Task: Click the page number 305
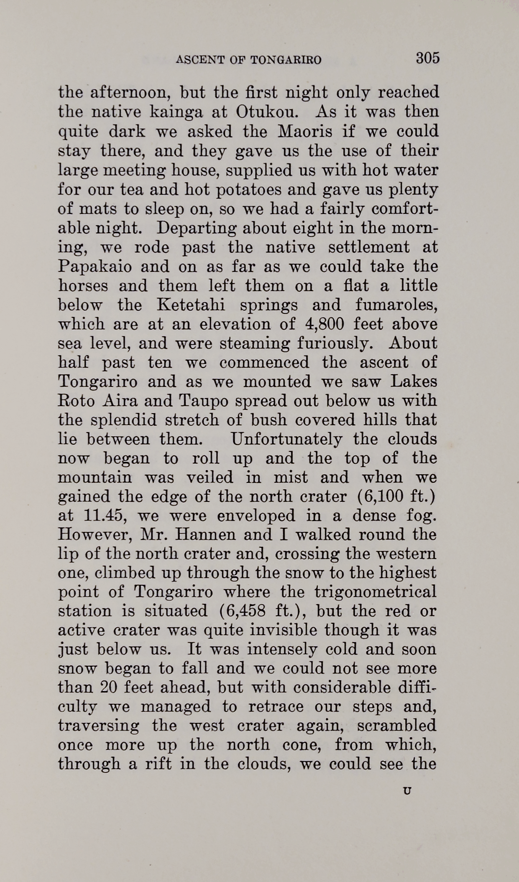[427, 58]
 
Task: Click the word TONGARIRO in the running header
[286, 60]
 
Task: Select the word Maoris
[305, 132]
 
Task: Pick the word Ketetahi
[191, 305]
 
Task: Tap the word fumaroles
[396, 305]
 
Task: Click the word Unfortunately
[286, 440]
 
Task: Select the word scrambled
[396, 726]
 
